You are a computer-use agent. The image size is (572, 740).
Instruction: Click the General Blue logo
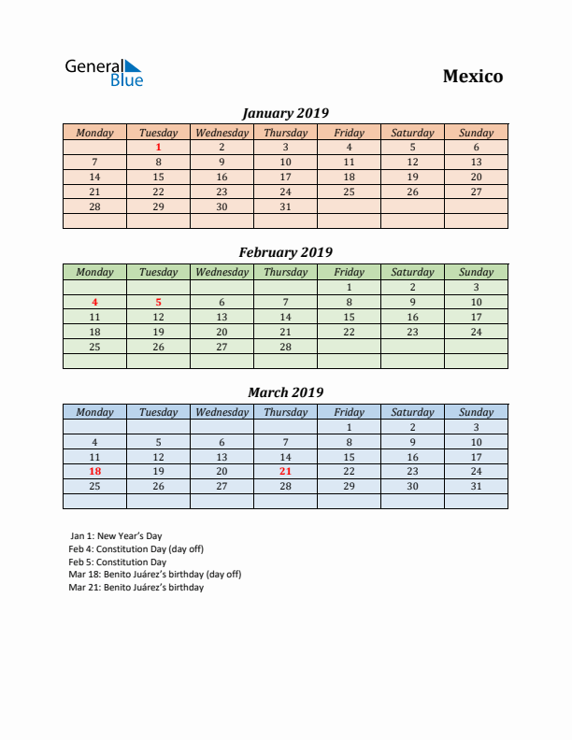(104, 73)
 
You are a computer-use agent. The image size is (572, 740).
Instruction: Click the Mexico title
(472, 77)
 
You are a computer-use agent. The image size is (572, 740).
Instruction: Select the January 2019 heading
(285, 113)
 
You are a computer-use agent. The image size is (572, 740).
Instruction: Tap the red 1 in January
(158, 147)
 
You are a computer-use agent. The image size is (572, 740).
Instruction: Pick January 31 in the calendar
(285, 206)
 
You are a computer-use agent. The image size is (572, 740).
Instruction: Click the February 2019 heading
(285, 252)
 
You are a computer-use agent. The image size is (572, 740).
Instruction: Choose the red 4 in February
(94, 302)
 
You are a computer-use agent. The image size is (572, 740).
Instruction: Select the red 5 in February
(158, 302)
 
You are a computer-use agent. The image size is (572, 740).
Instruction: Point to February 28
(285, 347)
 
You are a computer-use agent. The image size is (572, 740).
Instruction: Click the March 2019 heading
(285, 392)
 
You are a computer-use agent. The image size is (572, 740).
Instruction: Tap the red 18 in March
(94, 472)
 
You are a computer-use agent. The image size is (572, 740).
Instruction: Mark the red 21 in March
(285, 472)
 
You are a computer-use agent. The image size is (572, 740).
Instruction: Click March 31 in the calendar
(476, 486)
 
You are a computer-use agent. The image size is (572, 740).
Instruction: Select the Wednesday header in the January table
(222, 133)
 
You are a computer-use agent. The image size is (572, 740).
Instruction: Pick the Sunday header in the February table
(476, 272)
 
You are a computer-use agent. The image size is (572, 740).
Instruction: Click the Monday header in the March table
(94, 412)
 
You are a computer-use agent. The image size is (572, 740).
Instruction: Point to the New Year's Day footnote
(116, 535)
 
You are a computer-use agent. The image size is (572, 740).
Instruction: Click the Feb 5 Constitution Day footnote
(117, 562)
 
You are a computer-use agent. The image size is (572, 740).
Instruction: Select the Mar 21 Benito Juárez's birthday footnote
(136, 588)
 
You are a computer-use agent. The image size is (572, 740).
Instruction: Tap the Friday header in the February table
(349, 272)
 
